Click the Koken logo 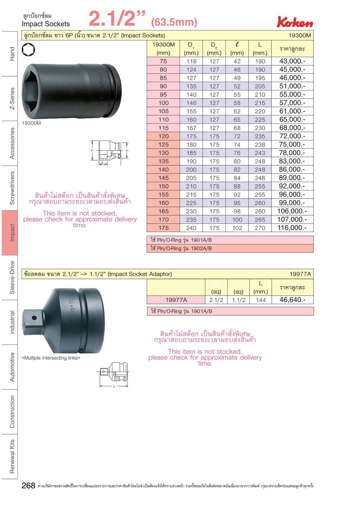click(295, 22)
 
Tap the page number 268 click(28, 486)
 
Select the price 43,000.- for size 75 click(292, 61)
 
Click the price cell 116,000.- click(292, 228)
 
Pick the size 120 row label click(163, 136)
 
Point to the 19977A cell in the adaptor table click(176, 300)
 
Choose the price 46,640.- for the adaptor click(292, 300)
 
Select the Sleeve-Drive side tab click(12, 277)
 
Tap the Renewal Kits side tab click(12, 456)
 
